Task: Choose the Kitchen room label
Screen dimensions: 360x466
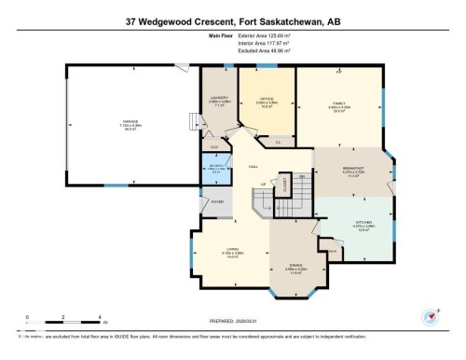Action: pyautogui.click(x=350, y=224)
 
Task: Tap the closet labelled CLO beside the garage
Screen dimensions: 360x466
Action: pyautogui.click(x=214, y=146)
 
